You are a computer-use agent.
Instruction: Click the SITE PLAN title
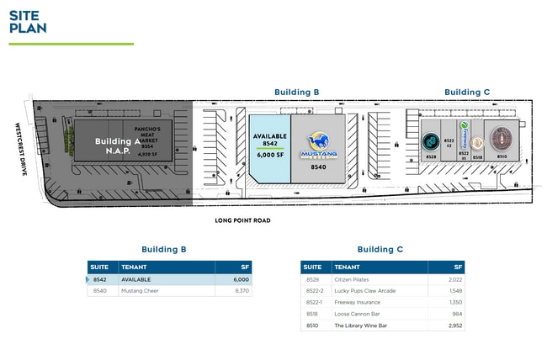click(x=28, y=21)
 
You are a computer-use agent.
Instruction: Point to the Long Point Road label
click(x=247, y=220)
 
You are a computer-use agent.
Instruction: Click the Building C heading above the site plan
click(x=468, y=92)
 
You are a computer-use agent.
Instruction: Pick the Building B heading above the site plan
click(x=298, y=92)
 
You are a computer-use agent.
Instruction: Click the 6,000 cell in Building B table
click(x=241, y=279)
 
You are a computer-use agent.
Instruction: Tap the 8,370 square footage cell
click(x=241, y=291)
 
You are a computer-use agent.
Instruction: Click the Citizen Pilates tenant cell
click(x=354, y=279)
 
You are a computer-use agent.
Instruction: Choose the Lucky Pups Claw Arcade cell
click(x=364, y=290)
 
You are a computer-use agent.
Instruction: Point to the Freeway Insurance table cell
click(x=358, y=301)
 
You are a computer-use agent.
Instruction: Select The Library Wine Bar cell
click(x=361, y=325)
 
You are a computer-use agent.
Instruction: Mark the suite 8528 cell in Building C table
click(x=312, y=279)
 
